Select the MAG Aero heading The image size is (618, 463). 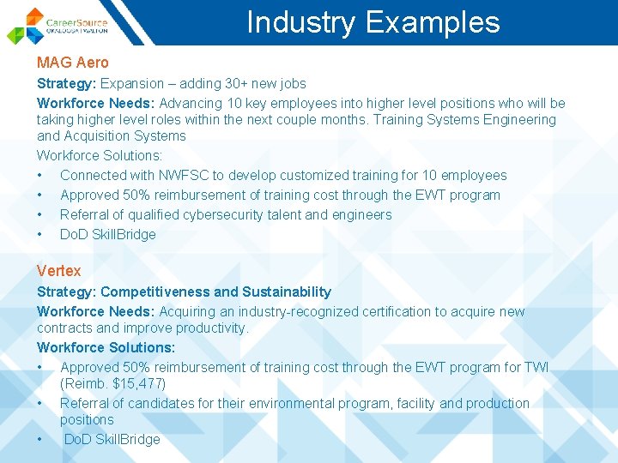click(73, 63)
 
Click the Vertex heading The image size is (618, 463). click(58, 271)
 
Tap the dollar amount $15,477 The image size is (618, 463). click(138, 383)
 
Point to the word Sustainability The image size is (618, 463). click(282, 292)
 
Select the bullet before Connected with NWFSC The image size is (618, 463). click(39, 176)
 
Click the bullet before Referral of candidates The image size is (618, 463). click(39, 403)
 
